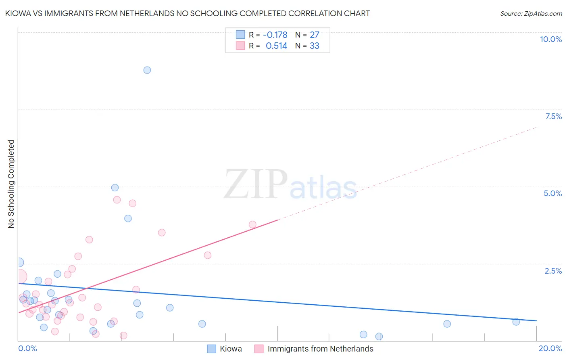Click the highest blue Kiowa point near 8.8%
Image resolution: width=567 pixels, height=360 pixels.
click(147, 70)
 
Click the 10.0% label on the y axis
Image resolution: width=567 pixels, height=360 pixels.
click(550, 39)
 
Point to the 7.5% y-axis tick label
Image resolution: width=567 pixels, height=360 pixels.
click(553, 116)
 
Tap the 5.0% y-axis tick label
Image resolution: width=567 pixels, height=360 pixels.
click(552, 193)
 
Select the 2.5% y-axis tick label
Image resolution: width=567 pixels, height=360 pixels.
click(553, 271)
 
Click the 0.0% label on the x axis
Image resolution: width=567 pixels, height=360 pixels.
click(27, 348)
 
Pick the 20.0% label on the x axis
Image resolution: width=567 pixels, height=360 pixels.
click(550, 348)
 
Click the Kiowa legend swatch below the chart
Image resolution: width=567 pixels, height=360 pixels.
click(212, 349)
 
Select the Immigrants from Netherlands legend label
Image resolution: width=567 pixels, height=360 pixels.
click(320, 349)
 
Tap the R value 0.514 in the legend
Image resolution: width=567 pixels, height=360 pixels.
click(276, 46)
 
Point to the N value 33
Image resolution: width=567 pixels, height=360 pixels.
click(314, 46)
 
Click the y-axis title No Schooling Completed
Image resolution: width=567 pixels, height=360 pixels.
click(11, 184)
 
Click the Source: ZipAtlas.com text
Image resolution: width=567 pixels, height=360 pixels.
click(531, 14)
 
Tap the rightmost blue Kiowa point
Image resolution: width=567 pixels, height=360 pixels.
click(516, 322)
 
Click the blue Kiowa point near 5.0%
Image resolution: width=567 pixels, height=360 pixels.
click(115, 188)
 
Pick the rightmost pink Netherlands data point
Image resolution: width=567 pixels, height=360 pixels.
click(252, 224)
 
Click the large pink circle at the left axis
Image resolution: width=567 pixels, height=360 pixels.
click(19, 277)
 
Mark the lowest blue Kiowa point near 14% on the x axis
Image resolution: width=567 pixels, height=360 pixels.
click(379, 337)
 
